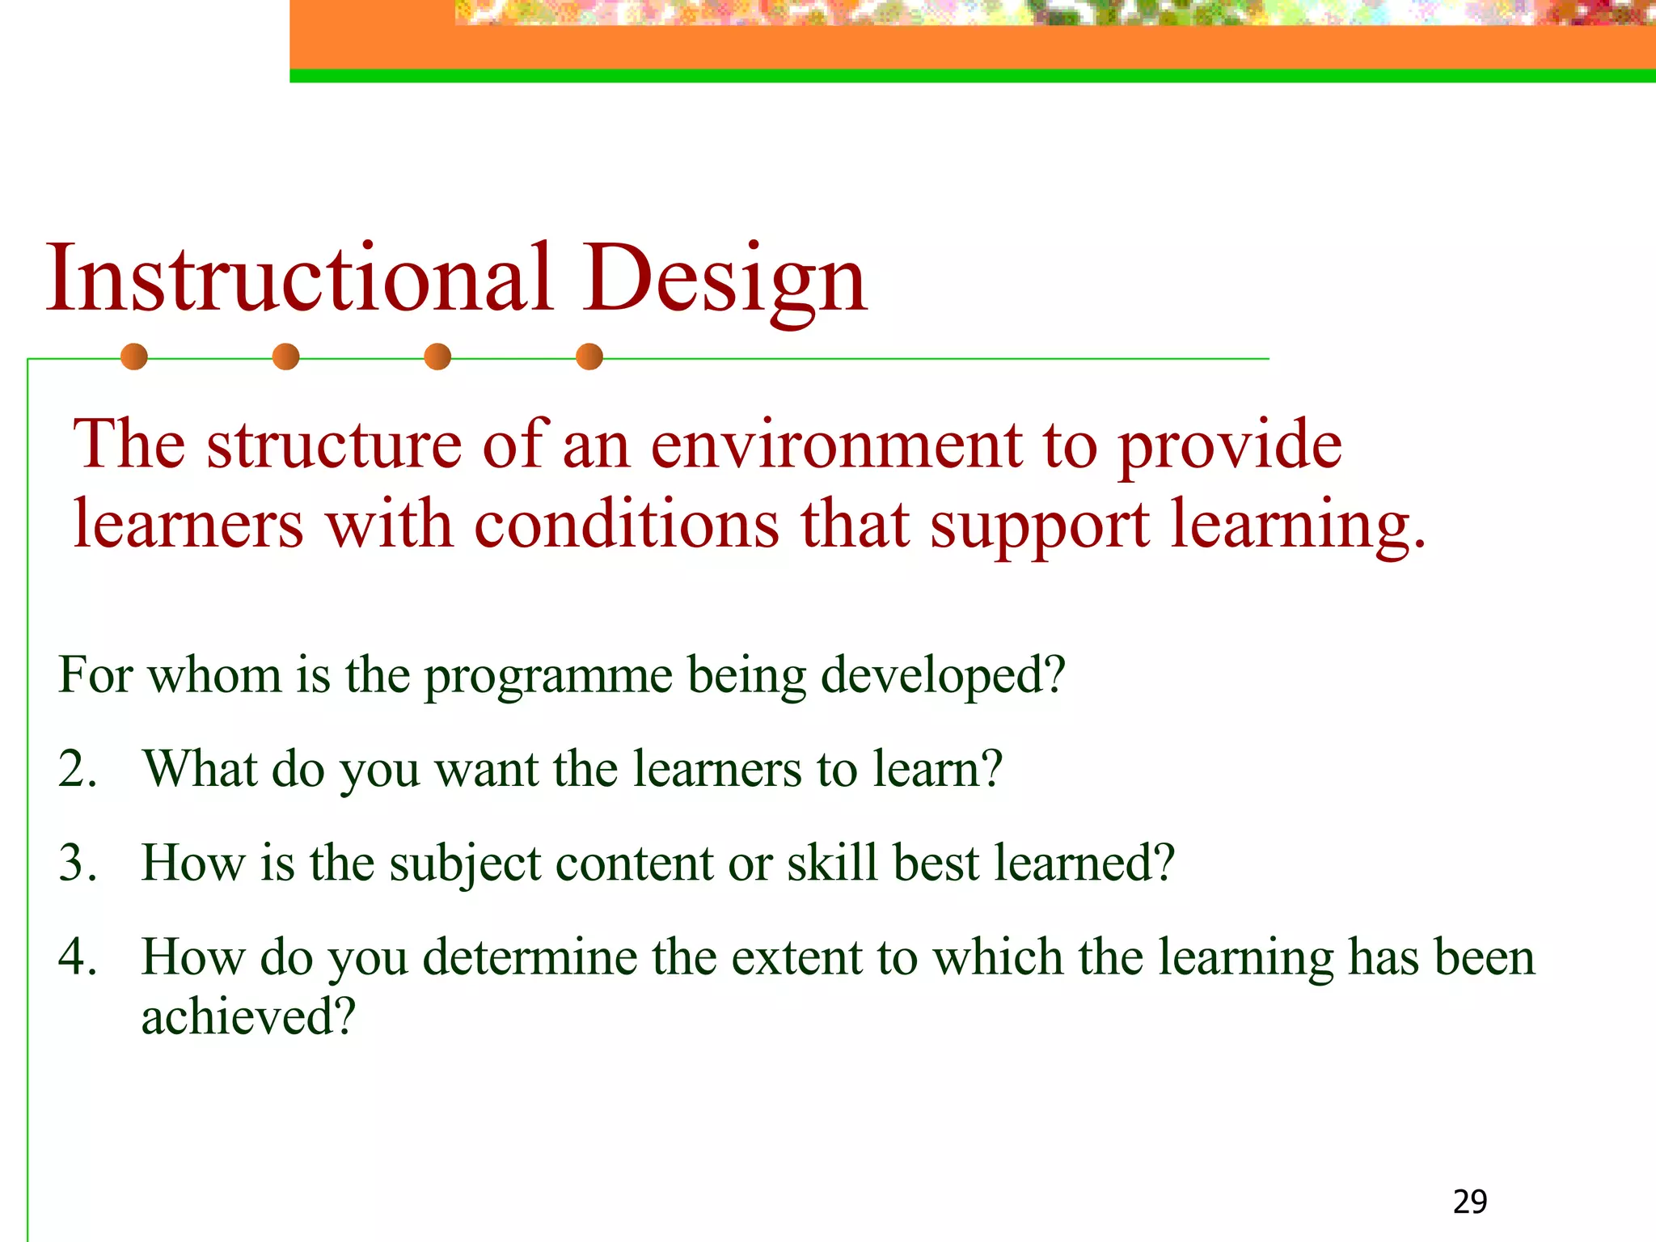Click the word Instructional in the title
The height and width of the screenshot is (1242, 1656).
(299, 279)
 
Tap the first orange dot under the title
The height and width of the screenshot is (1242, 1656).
(134, 357)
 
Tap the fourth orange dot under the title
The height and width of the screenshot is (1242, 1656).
(589, 357)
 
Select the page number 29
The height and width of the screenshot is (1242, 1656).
(1469, 1202)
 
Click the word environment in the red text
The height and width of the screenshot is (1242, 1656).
(836, 446)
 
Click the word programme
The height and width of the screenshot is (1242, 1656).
(548, 677)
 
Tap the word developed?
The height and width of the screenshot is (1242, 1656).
(943, 677)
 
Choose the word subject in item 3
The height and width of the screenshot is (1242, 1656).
(465, 864)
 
